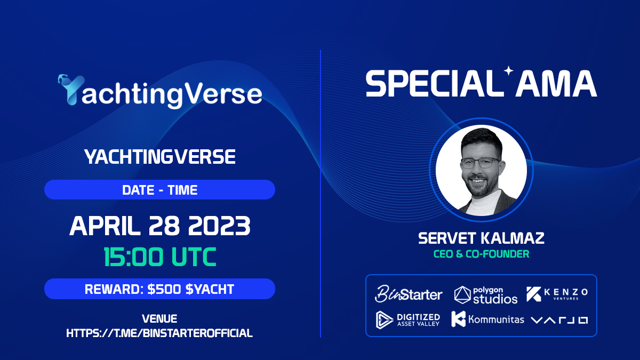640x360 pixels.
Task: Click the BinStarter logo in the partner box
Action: [x=409, y=293]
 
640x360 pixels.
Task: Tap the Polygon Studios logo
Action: [x=486, y=294]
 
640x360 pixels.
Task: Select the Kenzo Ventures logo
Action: [x=557, y=294]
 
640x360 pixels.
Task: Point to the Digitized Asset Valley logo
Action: [x=408, y=319]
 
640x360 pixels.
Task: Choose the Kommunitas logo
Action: [x=487, y=319]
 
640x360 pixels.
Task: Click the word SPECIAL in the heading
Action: [x=434, y=84]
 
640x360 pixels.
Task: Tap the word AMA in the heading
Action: [x=556, y=84]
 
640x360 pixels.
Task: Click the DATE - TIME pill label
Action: [x=159, y=189]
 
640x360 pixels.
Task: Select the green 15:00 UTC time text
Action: [x=159, y=257]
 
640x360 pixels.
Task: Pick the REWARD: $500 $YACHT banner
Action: [x=159, y=289]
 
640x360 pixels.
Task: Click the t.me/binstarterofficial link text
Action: [x=159, y=333]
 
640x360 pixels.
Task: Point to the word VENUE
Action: [x=159, y=319]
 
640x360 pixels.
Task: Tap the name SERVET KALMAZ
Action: [x=481, y=238]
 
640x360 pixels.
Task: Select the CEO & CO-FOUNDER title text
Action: [x=481, y=254]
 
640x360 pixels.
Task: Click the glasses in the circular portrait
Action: [x=482, y=163]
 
